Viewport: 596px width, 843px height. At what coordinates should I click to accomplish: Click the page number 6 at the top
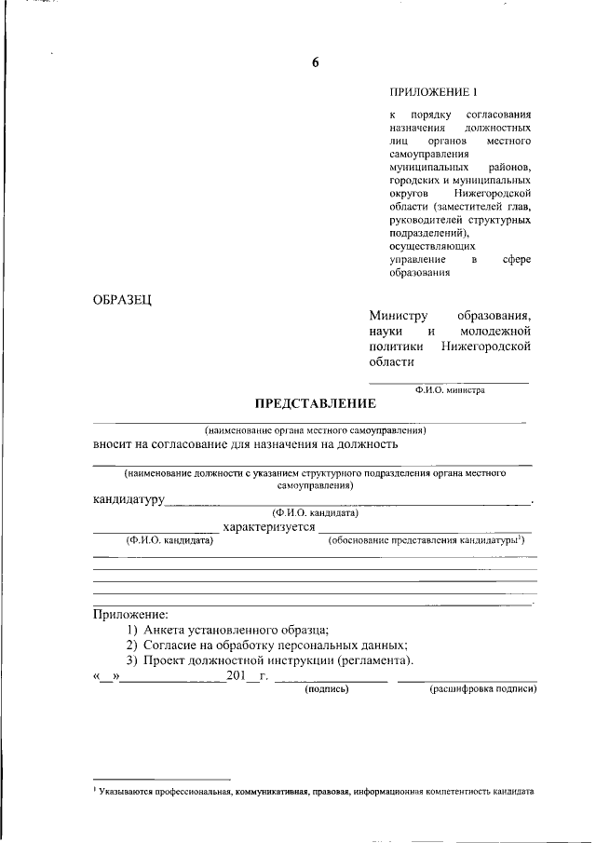[315, 63]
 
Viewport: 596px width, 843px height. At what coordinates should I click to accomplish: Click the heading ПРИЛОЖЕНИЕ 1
[433, 93]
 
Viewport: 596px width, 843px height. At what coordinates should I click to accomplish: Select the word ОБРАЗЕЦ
[123, 299]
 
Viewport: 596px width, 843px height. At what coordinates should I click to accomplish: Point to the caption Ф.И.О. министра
[450, 391]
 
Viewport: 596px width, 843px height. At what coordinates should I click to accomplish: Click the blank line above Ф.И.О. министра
[450, 382]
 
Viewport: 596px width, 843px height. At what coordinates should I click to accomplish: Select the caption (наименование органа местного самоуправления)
[315, 430]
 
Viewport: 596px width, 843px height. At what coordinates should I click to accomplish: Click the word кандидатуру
[129, 500]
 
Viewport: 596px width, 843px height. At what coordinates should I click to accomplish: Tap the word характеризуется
[270, 527]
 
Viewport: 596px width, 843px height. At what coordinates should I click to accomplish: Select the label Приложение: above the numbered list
[130, 615]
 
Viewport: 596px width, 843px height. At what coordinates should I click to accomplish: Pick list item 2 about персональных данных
[268, 645]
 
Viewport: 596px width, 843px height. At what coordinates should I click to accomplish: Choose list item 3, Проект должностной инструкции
[270, 659]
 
